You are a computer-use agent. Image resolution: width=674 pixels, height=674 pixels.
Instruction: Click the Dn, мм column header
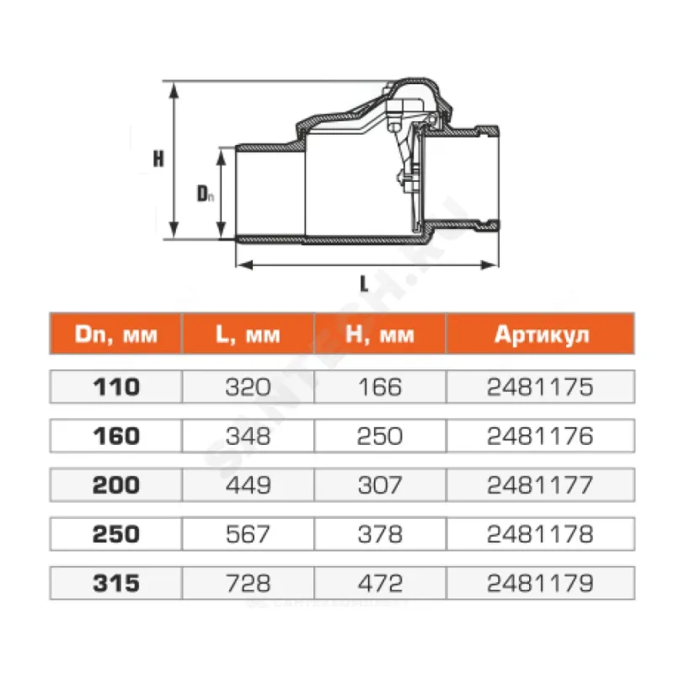pyautogui.click(x=116, y=334)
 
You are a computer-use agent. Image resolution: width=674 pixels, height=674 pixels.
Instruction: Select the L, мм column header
pyautogui.click(x=248, y=334)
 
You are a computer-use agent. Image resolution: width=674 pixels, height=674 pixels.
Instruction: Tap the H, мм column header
pyautogui.click(x=380, y=334)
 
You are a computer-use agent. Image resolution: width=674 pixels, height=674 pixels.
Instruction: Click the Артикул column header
pyautogui.click(x=542, y=334)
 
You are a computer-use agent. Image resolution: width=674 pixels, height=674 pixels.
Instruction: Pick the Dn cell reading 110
pyautogui.click(x=116, y=387)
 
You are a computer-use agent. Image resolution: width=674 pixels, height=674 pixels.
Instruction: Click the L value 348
pyautogui.click(x=248, y=436)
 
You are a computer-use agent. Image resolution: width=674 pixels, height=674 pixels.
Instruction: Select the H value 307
pyautogui.click(x=380, y=485)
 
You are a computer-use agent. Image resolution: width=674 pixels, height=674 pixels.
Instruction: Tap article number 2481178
pyautogui.click(x=540, y=534)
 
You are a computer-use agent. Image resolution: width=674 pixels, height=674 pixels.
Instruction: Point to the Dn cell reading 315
pyautogui.click(x=116, y=583)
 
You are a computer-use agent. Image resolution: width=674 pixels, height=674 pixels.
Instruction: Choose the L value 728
pyautogui.click(x=248, y=583)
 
